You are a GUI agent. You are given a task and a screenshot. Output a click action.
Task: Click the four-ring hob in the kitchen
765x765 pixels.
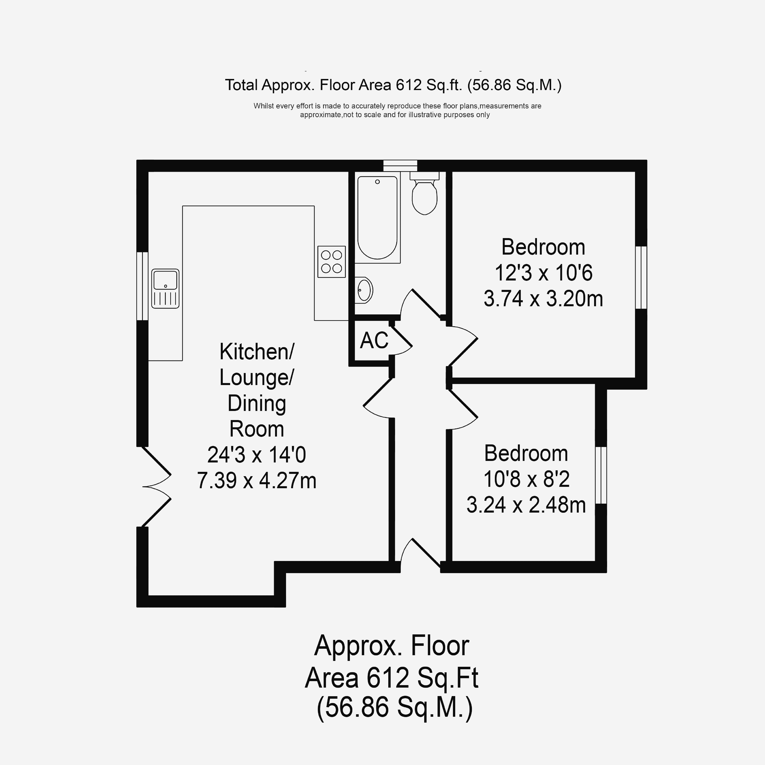click(x=331, y=262)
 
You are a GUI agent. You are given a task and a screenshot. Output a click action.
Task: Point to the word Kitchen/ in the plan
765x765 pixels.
click(x=257, y=352)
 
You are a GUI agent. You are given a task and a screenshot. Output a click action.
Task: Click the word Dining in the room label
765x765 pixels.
click(x=257, y=404)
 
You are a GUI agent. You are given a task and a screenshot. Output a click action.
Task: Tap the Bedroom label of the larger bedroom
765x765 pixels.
click(x=543, y=247)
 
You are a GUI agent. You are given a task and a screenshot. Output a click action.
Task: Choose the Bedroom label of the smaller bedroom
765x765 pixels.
click(x=526, y=453)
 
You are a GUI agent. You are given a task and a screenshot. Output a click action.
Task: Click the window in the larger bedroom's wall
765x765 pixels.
click(x=641, y=277)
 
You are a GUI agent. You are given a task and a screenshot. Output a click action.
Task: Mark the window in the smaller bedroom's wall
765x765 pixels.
click(x=601, y=475)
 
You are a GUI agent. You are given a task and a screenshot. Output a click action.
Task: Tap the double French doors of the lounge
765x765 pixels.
click(x=156, y=487)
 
